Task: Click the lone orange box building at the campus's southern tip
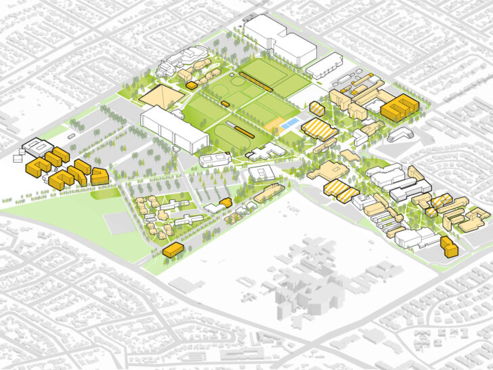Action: click(173, 250)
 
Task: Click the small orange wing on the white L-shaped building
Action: click(226, 202)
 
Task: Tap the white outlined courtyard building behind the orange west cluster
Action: click(35, 148)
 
